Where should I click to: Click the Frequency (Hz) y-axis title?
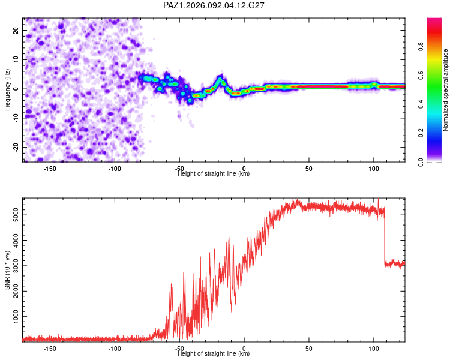tap(8, 89)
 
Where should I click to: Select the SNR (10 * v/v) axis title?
tap(8, 269)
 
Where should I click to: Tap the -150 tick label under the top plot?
tap(50, 169)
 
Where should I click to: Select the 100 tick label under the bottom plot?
tap(373, 349)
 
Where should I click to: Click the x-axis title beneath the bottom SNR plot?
tap(214, 354)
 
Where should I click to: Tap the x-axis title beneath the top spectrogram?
tap(214, 174)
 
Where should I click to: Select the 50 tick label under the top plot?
tap(308, 169)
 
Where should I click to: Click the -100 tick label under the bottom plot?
tap(115, 349)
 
